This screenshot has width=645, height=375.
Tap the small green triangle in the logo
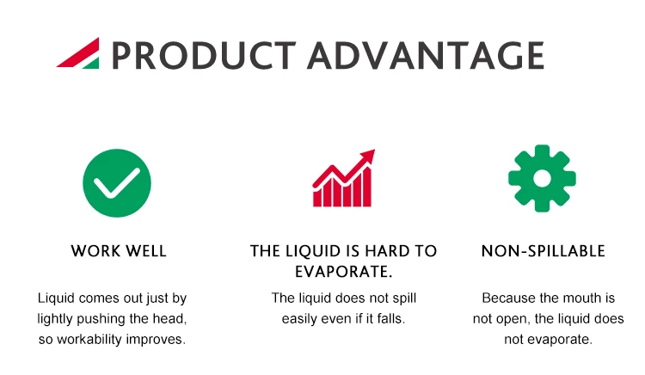tap(93, 65)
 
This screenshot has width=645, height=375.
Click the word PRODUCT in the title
tap(204, 55)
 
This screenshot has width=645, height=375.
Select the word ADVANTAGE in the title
tap(426, 55)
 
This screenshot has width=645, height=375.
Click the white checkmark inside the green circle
tap(117, 183)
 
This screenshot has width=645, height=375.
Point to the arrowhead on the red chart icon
tap(368, 156)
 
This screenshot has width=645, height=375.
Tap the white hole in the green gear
tap(542, 178)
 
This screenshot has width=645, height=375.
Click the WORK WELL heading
tap(119, 251)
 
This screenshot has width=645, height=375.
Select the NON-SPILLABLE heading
tap(543, 251)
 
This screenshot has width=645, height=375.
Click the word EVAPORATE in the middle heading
tap(341, 272)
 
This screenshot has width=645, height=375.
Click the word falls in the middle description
tap(391, 319)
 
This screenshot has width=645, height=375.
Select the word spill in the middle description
tap(404, 298)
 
